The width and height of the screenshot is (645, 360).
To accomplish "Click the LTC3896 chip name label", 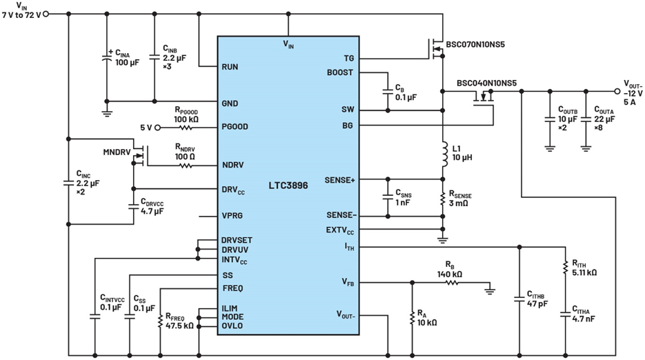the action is click(x=288, y=186).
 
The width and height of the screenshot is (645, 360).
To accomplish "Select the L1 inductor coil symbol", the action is click(x=444, y=154).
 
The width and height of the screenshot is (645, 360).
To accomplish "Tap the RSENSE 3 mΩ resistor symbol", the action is click(x=443, y=199).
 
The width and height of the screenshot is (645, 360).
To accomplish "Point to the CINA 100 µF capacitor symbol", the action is click(x=106, y=59).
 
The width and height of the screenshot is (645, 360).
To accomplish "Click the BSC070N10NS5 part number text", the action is click(x=475, y=44).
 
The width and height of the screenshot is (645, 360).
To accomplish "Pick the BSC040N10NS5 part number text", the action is click(x=486, y=83).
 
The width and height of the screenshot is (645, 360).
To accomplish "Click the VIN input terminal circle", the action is click(x=46, y=14).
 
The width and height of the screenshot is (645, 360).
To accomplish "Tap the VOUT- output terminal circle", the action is click(x=617, y=91).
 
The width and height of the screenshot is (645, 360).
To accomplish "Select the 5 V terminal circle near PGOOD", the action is click(x=157, y=128).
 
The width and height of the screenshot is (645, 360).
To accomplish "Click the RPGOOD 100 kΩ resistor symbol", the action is click(x=186, y=128).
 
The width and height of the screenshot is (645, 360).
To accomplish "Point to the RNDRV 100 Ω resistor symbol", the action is click(x=186, y=166).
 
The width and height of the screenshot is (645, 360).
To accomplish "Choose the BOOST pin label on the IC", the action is click(x=340, y=72).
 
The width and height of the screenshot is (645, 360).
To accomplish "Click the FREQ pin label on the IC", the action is click(x=233, y=288).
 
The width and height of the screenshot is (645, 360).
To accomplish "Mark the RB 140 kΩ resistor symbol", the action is click(x=452, y=283).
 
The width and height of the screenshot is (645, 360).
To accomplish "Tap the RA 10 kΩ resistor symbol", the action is click(x=412, y=318).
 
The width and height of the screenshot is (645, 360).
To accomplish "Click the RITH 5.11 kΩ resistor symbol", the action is click(x=566, y=268).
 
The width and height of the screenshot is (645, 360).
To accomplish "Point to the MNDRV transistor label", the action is click(x=117, y=152).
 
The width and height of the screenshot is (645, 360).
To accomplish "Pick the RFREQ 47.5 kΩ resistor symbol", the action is click(x=161, y=321).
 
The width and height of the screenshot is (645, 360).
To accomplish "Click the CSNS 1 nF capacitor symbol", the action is click(x=388, y=197).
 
